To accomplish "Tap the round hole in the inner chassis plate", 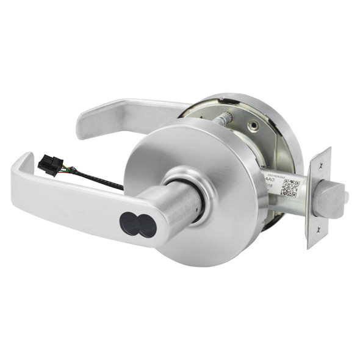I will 254,124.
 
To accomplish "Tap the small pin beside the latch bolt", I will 346,196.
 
